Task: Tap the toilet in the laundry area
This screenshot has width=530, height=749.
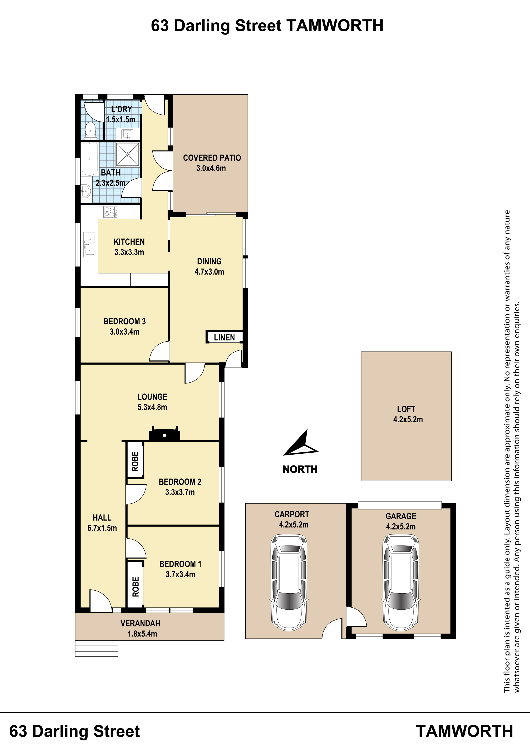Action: [x=90, y=130]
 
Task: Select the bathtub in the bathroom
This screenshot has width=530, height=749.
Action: [x=90, y=159]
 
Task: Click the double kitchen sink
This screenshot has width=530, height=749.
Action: [x=90, y=245]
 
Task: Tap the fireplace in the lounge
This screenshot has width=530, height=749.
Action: [x=165, y=434]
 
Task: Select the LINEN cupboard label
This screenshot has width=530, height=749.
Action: [x=224, y=338]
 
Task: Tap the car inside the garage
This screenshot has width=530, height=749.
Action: [x=401, y=582]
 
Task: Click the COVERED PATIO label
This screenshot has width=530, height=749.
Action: [x=212, y=158]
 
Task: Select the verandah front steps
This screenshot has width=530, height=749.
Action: [x=97, y=648]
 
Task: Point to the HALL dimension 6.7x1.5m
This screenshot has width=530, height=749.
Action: [x=102, y=528]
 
